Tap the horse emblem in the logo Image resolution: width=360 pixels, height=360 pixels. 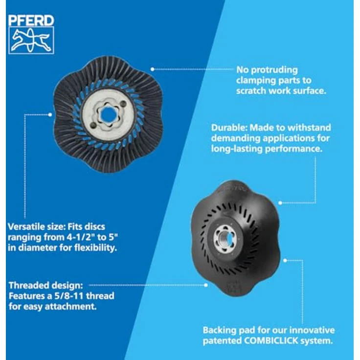coord(31,40)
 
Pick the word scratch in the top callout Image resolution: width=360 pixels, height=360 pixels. coord(251,90)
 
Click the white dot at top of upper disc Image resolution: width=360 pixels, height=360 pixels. coord(153,69)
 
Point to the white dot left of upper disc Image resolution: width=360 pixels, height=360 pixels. coord(51,114)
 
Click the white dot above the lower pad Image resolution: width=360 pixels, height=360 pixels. coord(280,202)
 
